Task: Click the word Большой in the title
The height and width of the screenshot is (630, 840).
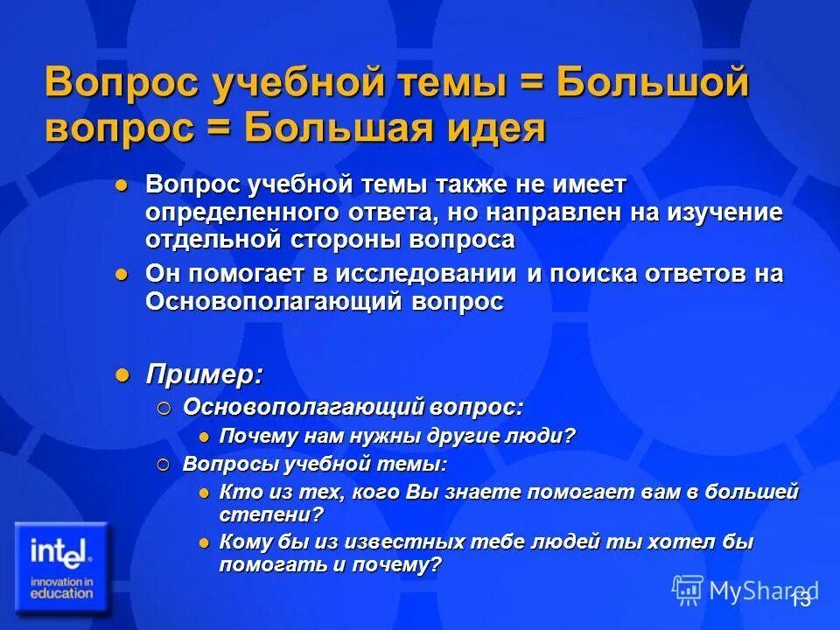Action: point(653,84)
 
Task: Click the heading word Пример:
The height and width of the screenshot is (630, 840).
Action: point(204,374)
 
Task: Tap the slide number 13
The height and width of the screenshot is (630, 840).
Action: point(800,599)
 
